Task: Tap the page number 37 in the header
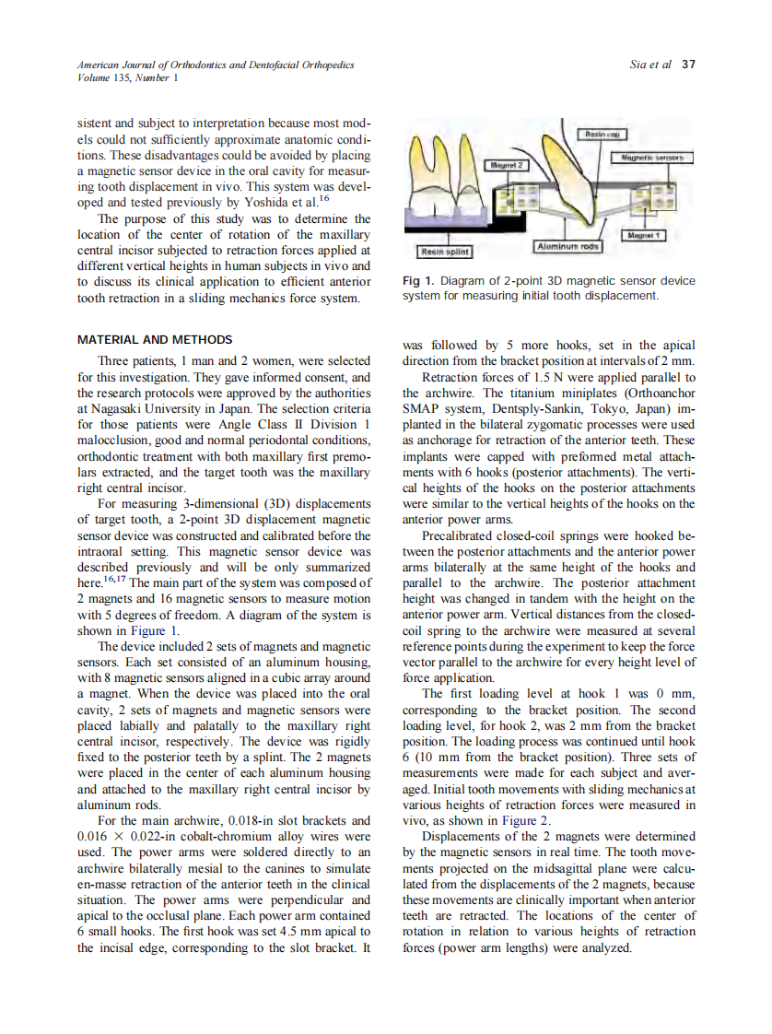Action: [687, 65]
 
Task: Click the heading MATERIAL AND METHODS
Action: [155, 340]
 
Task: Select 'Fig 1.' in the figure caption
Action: [418, 281]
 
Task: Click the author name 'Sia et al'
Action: [650, 65]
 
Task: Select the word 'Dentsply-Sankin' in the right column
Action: [527, 408]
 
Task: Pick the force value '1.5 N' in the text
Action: [551, 378]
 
